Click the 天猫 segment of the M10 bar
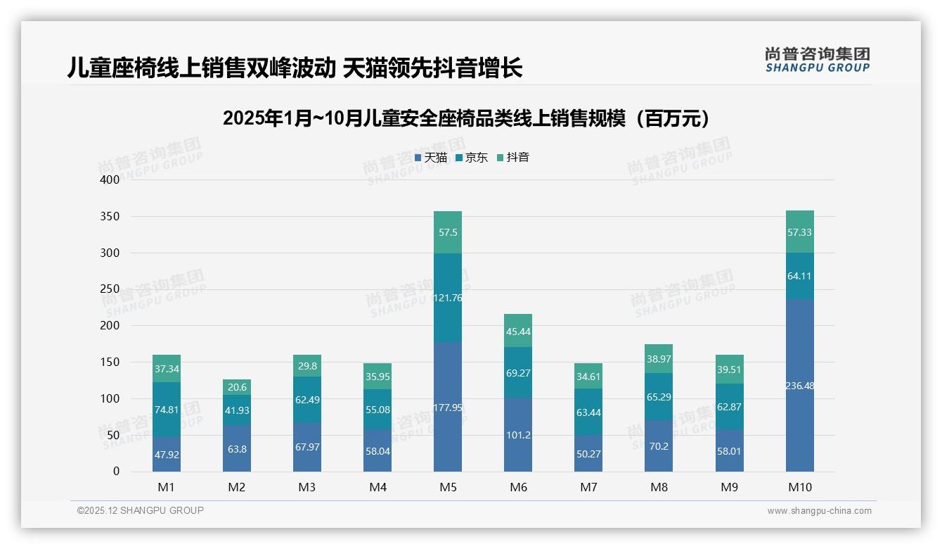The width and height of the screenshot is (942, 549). (799, 385)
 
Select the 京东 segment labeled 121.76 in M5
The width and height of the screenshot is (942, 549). (448, 298)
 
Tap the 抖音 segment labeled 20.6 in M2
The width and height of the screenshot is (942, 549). (237, 387)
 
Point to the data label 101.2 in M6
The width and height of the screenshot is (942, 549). (518, 435)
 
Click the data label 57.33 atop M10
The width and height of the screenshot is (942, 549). (799, 232)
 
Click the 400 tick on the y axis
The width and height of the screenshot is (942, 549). (110, 180)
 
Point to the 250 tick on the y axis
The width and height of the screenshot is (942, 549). (110, 289)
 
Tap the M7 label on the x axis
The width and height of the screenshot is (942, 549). (588, 487)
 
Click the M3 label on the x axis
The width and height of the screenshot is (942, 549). (307, 487)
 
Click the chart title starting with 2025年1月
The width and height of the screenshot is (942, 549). (470, 118)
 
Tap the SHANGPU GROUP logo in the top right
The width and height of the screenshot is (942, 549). (817, 60)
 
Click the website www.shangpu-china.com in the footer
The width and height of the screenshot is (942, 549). (819, 511)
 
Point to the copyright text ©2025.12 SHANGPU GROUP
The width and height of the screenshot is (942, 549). (141, 511)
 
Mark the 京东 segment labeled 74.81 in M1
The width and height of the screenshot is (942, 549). (167, 410)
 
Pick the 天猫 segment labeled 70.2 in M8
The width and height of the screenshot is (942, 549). (659, 446)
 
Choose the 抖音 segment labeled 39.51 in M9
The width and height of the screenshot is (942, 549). (729, 370)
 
